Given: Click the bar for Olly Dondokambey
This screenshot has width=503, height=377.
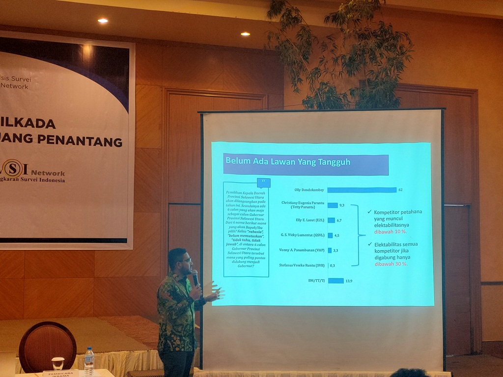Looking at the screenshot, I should (362, 190).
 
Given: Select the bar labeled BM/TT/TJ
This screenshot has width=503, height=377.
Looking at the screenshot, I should (335, 281).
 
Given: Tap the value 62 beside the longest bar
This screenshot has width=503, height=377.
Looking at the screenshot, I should (401, 190).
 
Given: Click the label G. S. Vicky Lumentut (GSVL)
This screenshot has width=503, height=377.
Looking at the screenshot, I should (303, 235).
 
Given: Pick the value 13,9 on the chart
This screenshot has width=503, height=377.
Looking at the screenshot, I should (349, 281).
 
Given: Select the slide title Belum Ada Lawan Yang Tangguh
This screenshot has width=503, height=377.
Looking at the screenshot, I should (288, 161).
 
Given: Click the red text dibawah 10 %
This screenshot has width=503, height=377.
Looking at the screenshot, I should (391, 231).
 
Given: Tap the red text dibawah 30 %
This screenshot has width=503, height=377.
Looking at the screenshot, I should (391, 264).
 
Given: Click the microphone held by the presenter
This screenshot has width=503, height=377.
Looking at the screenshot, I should (195, 277).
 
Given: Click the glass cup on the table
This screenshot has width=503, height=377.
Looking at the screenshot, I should (58, 363).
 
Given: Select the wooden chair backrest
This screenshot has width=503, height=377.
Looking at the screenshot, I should (47, 346).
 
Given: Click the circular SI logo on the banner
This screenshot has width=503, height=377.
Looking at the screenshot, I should (13, 168).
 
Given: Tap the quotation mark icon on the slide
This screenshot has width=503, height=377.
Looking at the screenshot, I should (263, 183).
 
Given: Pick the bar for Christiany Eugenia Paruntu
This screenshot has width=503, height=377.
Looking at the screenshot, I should (333, 205).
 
